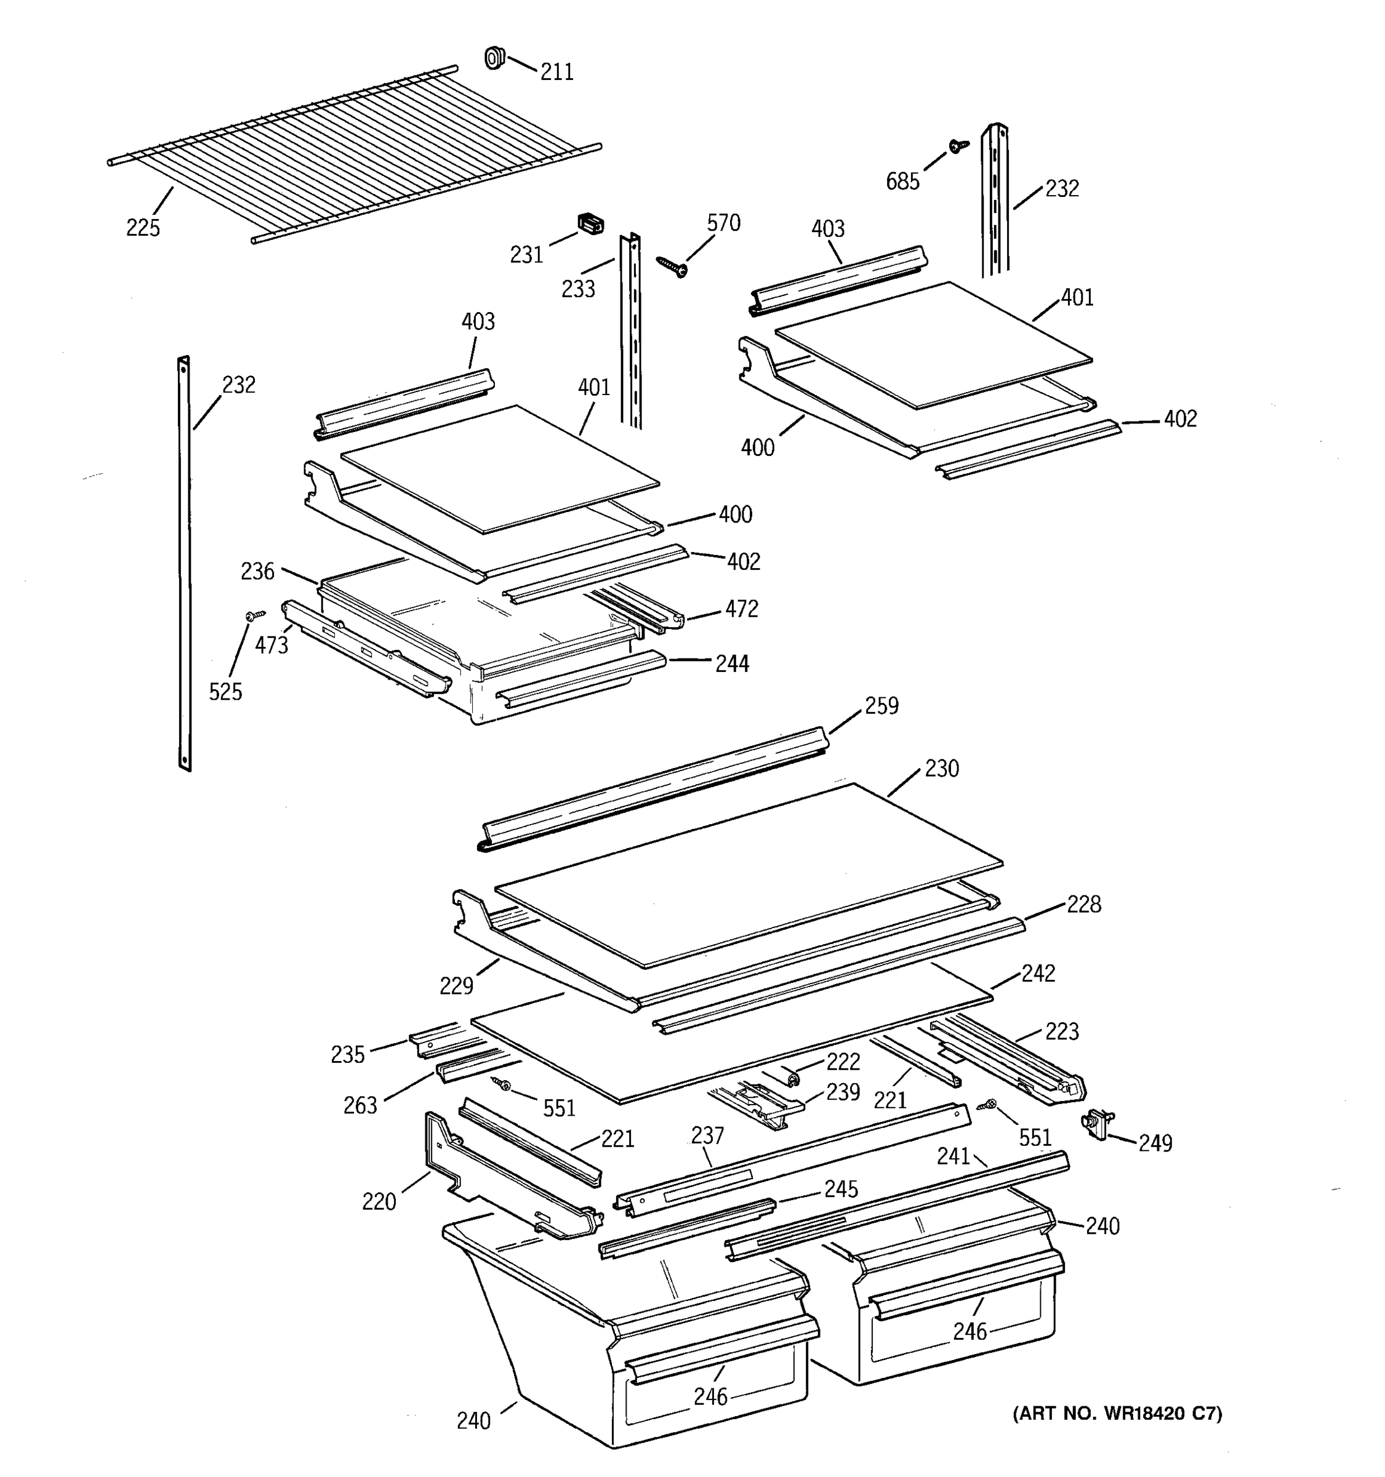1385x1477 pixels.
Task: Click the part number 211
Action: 556,72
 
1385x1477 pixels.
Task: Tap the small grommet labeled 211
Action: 494,58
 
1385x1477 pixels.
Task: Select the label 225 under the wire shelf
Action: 143,227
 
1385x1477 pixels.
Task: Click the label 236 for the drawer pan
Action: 257,570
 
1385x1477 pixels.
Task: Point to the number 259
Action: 881,705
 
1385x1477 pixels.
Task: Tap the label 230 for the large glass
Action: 941,767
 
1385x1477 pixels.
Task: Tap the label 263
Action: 359,1105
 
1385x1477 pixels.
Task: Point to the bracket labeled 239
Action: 758,1108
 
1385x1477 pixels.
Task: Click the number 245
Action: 840,1189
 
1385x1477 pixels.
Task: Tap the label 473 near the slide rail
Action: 271,645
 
